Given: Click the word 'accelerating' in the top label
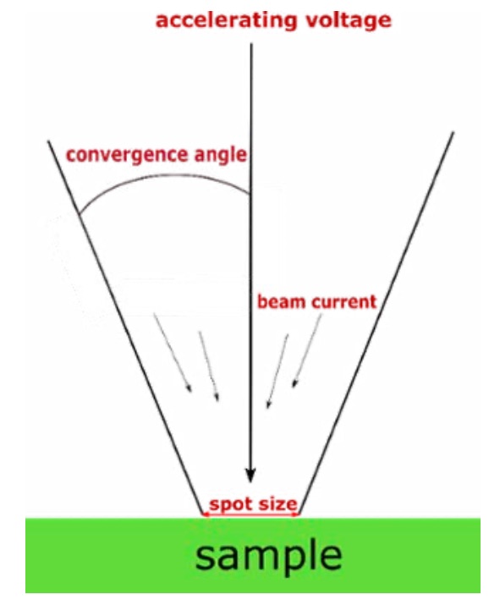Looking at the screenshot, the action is (226, 21).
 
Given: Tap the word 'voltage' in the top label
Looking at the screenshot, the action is (349, 21).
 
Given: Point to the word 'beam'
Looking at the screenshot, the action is (282, 302).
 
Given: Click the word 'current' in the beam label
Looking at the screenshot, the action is (344, 302).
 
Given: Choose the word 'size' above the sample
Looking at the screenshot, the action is (277, 504).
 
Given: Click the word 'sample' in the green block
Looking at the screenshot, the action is (268, 556).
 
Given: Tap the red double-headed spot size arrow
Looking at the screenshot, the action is (250, 515).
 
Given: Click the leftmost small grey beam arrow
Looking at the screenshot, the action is (173, 352).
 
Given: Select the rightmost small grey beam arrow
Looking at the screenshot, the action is (307, 350).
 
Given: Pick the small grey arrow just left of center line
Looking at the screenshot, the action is (209, 366).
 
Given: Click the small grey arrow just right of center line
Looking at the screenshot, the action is (277, 371).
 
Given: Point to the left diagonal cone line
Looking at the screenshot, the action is (125, 328).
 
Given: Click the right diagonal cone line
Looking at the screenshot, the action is (376, 323).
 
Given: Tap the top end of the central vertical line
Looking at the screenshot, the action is (251, 44).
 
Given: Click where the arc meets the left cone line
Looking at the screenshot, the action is (80, 214).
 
